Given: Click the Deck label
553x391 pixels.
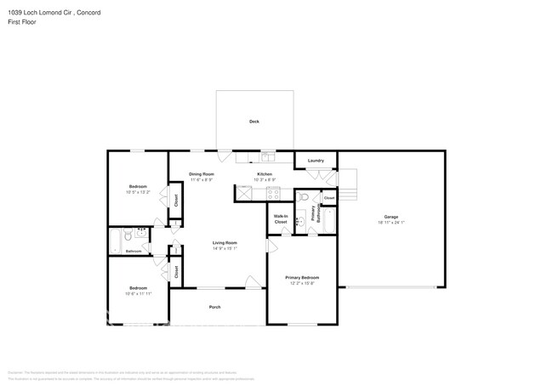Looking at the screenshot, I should coord(254,122).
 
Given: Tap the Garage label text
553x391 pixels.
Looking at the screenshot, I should coord(391,217).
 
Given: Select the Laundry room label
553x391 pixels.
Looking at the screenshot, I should coord(316,161).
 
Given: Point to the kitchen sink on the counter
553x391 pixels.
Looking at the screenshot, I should coord(265,156).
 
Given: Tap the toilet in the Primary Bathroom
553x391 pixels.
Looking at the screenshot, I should coord(304,197).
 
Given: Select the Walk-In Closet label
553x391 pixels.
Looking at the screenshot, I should coord(281,219).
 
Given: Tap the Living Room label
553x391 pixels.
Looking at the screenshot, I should coord(225,243).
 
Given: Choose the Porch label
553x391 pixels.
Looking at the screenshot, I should coord(215,307).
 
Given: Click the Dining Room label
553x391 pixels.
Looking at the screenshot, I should coord(201,174).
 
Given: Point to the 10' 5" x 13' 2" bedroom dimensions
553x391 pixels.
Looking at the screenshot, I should coord(138,192).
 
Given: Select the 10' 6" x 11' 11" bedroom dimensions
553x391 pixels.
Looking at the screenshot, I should coord(138,293).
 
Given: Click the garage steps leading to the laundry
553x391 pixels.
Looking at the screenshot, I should coord(348,180).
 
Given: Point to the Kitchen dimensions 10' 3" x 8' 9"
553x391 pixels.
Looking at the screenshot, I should coord(264,180).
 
